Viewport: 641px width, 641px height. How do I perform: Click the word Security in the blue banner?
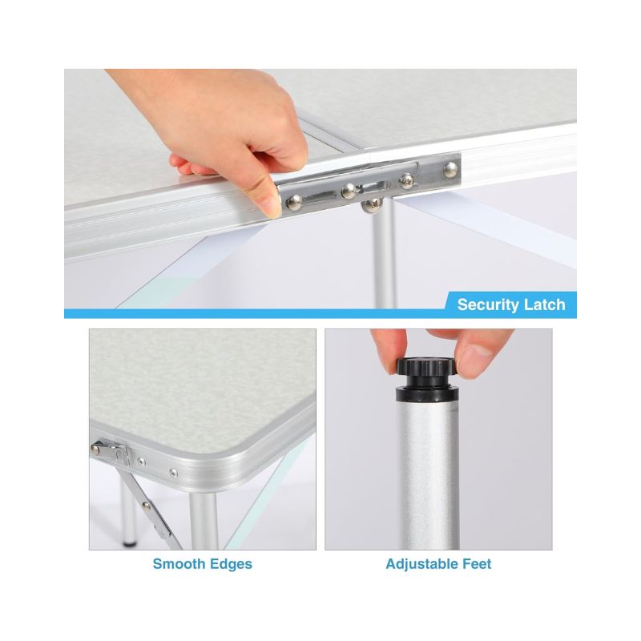pos(485,305)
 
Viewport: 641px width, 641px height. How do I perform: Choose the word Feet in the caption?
pos(477,564)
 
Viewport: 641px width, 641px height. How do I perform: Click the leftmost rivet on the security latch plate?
pos(294,201)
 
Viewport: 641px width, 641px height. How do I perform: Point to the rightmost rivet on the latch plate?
pos(450,169)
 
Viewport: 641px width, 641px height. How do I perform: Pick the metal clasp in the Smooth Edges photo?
pos(111,453)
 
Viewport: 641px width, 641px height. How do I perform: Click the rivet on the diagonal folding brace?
pos(145,506)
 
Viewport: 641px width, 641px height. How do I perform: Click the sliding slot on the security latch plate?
pos(322,196)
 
